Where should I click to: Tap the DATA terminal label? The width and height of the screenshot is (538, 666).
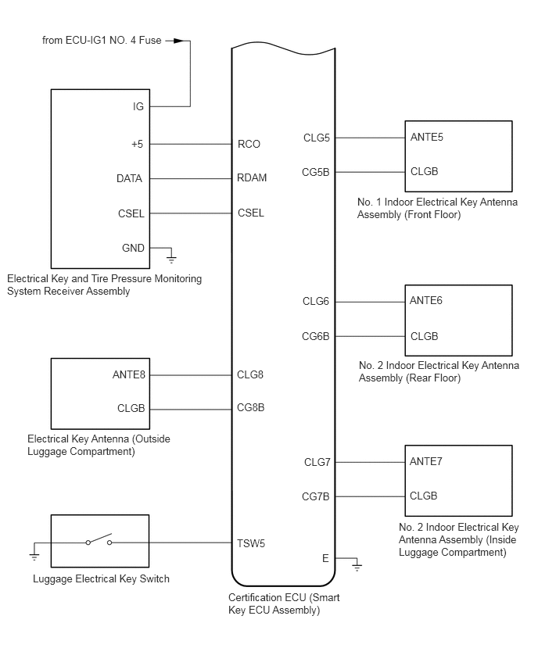point(129,178)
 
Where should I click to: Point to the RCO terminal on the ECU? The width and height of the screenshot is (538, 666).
point(249,144)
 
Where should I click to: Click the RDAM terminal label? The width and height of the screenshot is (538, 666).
point(252,178)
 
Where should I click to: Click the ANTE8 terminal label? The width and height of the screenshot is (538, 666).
point(129,374)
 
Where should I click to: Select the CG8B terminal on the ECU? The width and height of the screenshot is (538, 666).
point(250,408)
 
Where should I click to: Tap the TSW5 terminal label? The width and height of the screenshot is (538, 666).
point(251,543)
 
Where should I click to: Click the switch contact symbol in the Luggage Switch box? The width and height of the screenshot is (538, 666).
point(99,542)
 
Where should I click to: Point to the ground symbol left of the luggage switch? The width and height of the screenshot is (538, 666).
point(34,555)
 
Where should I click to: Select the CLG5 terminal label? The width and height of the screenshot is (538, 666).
point(317,138)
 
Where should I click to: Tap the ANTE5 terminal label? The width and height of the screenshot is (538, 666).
point(426,138)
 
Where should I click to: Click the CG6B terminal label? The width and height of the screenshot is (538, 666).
point(316,336)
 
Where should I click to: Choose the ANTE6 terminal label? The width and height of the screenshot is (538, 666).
point(426,301)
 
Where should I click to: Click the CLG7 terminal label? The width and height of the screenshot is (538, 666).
point(317,462)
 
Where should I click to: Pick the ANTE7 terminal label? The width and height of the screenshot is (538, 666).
point(426,461)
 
